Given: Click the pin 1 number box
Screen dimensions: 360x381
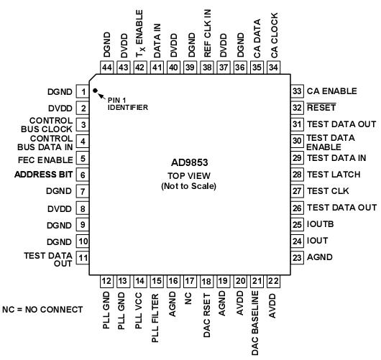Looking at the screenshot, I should coord(83,92).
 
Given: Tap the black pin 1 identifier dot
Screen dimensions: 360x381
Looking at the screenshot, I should coord(95,91).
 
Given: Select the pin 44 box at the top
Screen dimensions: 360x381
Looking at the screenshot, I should coord(107,67).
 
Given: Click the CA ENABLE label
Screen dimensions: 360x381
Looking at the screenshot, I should coord(331,91).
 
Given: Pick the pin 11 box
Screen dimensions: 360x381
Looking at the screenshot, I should coord(83,257).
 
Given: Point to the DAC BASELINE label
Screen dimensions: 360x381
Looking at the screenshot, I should coord(255,323).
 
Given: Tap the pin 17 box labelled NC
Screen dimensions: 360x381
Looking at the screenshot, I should coord(189,282).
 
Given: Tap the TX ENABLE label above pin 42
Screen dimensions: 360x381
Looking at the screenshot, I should coord(139,32).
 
